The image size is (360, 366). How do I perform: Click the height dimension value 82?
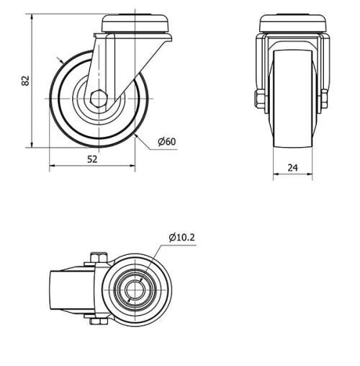click(26, 79)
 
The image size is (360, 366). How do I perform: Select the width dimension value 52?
click(92, 160)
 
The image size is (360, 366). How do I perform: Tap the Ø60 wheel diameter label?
click(166, 141)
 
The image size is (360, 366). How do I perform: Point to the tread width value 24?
click(292, 168)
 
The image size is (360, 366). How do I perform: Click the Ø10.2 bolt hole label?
click(182, 236)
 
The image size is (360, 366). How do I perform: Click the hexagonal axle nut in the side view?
click(99, 98)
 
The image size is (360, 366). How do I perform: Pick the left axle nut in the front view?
click(258, 98)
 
